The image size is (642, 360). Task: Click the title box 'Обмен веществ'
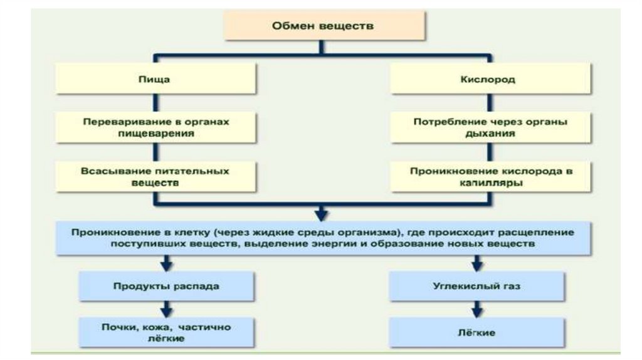pos(323,26)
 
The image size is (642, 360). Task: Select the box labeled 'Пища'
pos(155,80)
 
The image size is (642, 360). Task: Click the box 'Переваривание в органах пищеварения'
pos(155,128)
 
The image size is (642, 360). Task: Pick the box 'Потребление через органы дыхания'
pos(490,128)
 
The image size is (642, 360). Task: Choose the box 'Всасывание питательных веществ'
pos(155,177)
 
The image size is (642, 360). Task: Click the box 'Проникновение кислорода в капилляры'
pos(490,177)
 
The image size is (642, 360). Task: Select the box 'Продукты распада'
pos(166,286)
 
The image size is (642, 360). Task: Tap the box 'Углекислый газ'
pos(477,286)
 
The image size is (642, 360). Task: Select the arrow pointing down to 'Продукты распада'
pos(166,263)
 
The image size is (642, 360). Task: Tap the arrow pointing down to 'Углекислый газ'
pos(477,263)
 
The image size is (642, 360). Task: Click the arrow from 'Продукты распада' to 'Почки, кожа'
pos(166,309)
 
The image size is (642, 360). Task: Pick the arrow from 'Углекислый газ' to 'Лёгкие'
pos(477,309)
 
